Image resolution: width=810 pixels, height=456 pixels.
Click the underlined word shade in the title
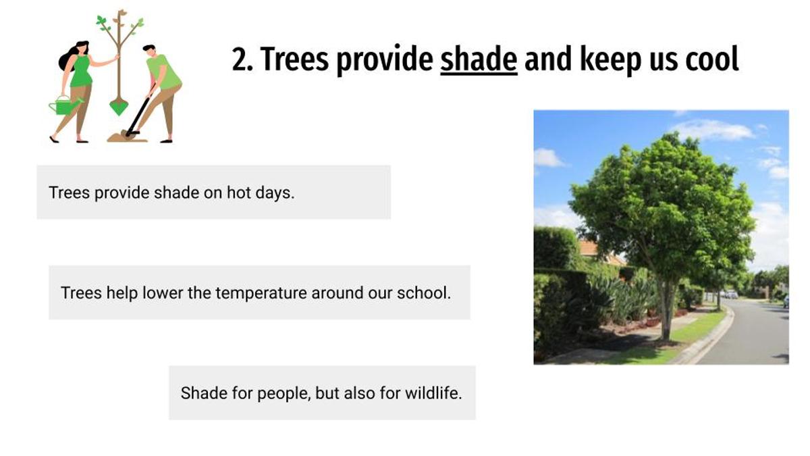coord(479,59)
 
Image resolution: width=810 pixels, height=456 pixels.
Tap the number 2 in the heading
coord(240,59)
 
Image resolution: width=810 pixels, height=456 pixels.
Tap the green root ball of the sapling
coord(119,107)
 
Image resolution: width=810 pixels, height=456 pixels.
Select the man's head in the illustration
coord(150,51)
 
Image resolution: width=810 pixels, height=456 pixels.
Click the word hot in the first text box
coord(239,192)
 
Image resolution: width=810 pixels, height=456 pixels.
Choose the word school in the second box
coord(424,293)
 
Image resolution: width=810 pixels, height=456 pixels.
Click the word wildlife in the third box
coord(433,393)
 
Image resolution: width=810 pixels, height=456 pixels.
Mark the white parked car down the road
coord(731,295)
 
